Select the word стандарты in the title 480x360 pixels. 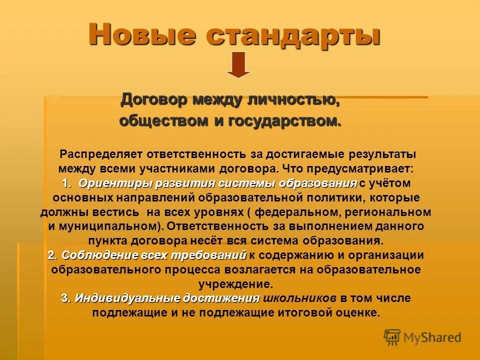pos(294,35)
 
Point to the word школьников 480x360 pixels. pos(299,298)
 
